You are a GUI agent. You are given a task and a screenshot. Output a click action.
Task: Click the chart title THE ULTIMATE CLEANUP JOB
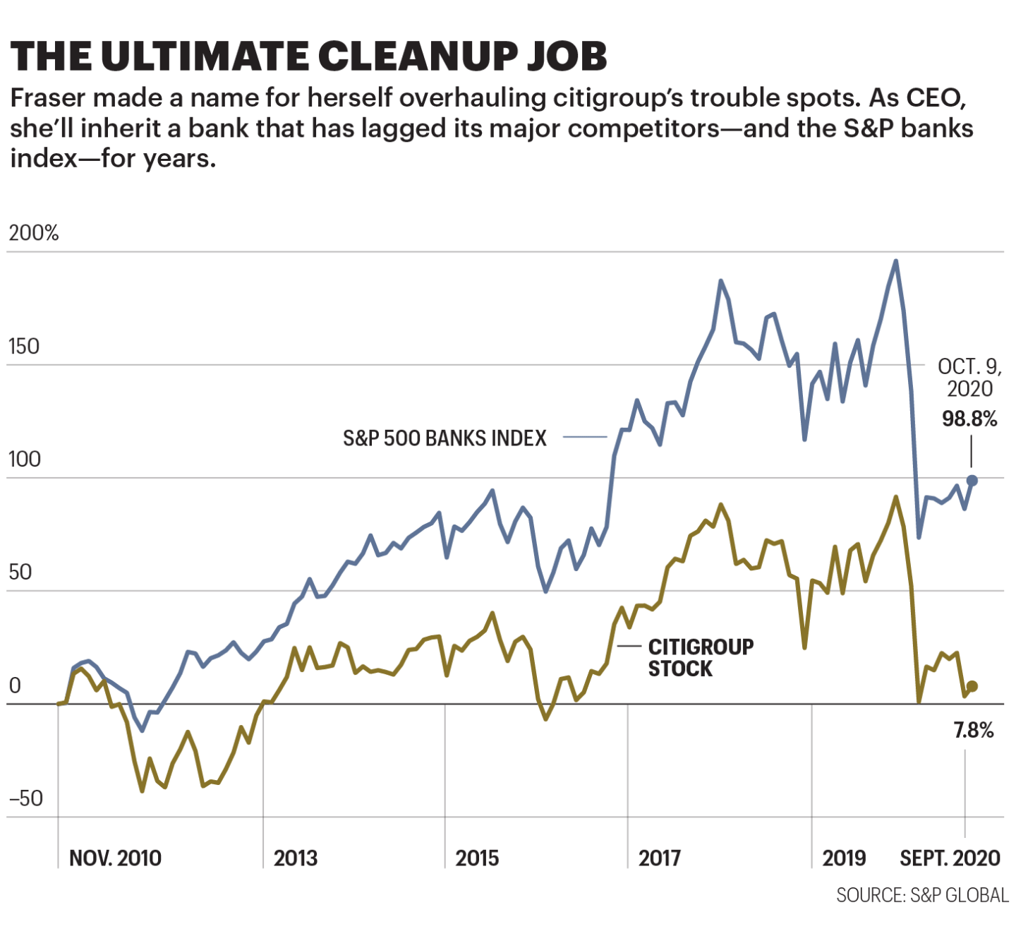click(x=308, y=56)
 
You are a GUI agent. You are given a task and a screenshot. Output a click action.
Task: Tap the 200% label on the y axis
click(x=34, y=233)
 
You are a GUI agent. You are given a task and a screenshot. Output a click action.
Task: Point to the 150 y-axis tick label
click(x=24, y=346)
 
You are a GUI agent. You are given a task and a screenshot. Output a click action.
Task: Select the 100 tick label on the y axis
click(x=24, y=459)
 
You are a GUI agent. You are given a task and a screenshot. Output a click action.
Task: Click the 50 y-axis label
click(x=20, y=572)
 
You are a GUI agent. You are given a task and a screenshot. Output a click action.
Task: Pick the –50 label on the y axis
click(x=26, y=798)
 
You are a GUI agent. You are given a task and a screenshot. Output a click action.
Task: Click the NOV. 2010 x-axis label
click(x=115, y=858)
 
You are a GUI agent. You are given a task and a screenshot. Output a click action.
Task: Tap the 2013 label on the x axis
click(x=296, y=858)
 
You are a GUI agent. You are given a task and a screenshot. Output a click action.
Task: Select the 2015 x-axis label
click(x=477, y=858)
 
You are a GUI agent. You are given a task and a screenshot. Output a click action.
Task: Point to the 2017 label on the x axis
click(x=660, y=858)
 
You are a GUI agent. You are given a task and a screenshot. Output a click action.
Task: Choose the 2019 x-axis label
click(x=844, y=858)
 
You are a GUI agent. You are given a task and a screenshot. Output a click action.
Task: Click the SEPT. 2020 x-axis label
click(x=950, y=858)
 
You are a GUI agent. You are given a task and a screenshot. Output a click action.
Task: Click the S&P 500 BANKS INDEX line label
click(x=445, y=438)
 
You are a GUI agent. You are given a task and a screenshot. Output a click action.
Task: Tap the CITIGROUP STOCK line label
click(x=700, y=657)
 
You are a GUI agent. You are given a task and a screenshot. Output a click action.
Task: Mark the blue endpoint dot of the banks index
click(x=972, y=481)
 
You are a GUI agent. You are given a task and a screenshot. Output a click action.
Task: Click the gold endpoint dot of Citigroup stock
click(x=972, y=686)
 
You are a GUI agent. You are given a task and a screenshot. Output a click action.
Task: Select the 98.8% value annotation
click(x=969, y=419)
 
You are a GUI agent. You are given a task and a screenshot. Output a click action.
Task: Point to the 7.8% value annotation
click(x=974, y=731)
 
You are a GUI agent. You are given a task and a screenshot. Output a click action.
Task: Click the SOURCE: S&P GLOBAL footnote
click(x=922, y=896)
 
